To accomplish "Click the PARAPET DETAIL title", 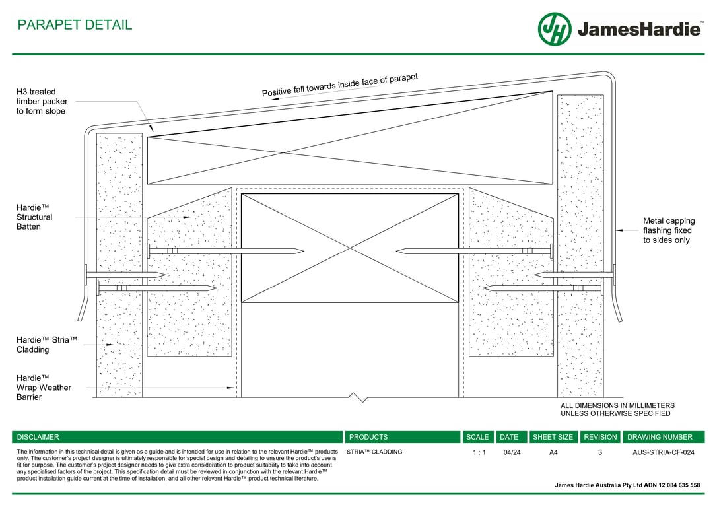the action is (x=75, y=25).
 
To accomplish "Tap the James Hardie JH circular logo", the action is (x=555, y=29).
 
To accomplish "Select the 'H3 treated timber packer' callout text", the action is (x=42, y=102).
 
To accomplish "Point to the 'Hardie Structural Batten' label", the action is (x=34, y=217).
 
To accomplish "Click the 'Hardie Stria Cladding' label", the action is (x=47, y=345).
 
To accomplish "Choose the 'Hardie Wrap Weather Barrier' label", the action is (x=44, y=388).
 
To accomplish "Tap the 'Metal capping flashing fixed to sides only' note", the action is (x=668, y=230).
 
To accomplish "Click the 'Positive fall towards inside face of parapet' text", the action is (x=340, y=86).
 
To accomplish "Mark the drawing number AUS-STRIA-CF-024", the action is (x=664, y=452).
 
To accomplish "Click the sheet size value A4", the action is (x=553, y=452).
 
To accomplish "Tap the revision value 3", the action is (x=600, y=452).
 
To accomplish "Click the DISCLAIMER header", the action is (x=38, y=437).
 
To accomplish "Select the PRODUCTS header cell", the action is (x=368, y=437).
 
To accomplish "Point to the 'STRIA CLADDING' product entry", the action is (x=374, y=452).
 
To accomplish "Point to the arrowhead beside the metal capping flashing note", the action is (x=619, y=230).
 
